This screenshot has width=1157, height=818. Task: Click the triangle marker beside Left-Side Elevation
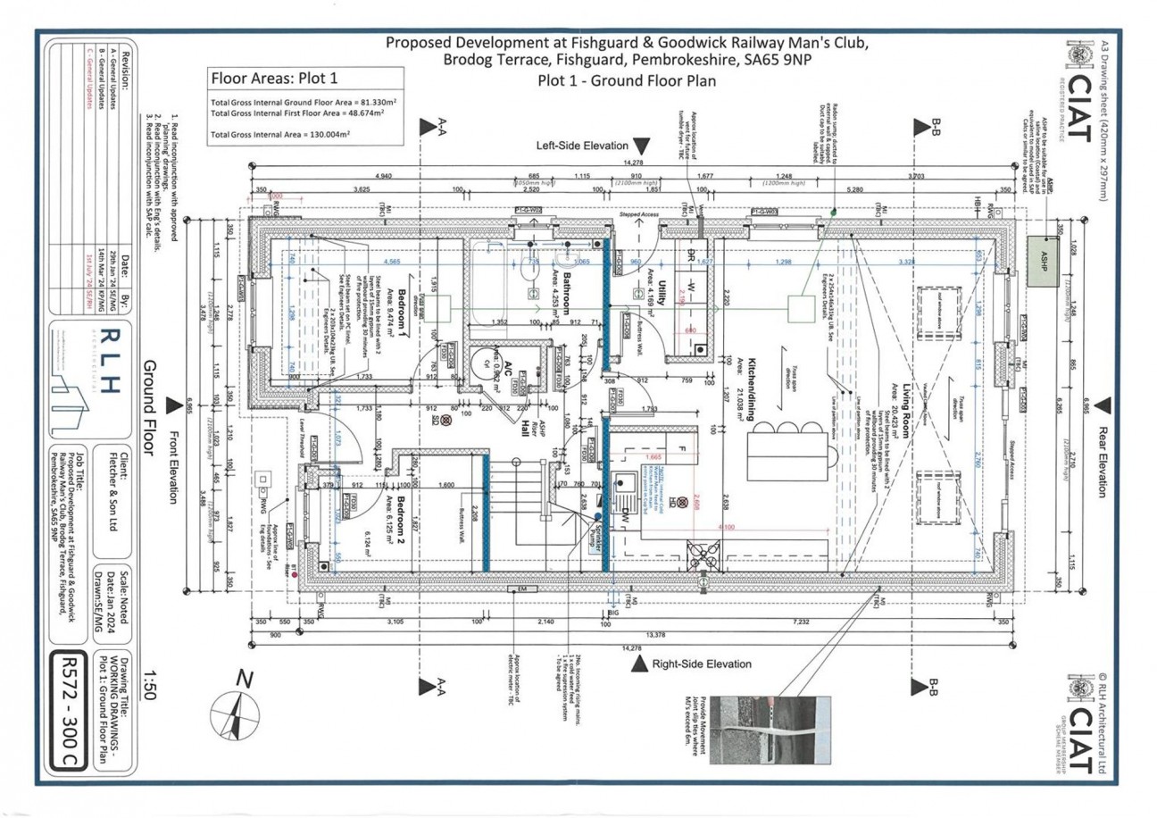point(641,146)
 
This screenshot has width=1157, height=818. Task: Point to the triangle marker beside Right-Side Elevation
point(638,664)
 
